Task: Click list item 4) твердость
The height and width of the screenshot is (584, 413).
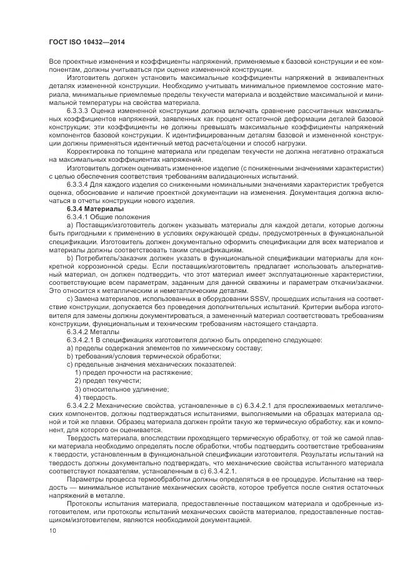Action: click(x=95, y=397)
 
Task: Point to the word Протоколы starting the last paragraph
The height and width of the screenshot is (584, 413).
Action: click(x=85, y=502)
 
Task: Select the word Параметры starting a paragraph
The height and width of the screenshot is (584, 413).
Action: click(x=86, y=478)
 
